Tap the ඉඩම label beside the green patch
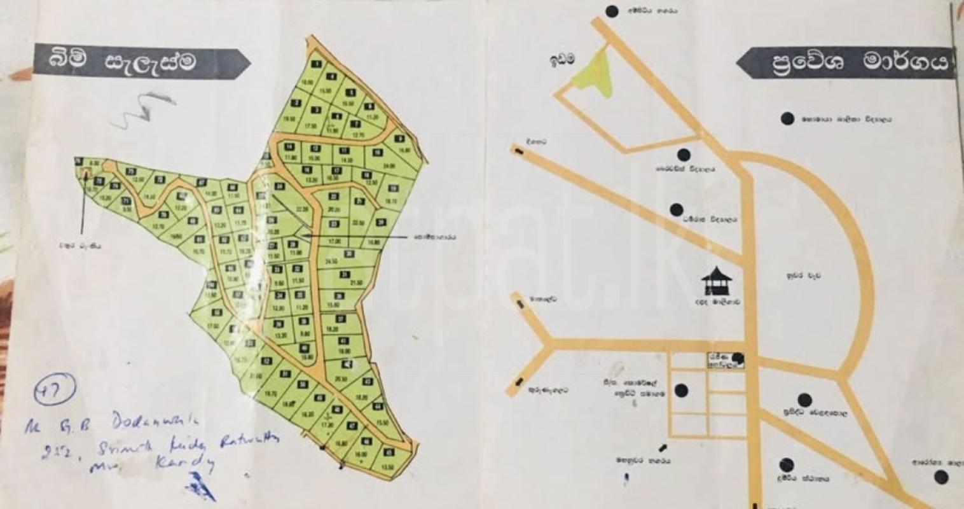tap(563, 59)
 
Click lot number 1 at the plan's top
tap(316, 63)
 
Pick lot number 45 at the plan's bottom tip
tap(389, 452)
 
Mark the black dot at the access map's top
tap(612, 11)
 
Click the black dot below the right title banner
tap(787, 118)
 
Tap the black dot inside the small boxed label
tap(738, 358)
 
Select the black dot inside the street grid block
tap(682, 390)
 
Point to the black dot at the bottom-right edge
tap(939, 477)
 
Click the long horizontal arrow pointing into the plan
tap(356, 236)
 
